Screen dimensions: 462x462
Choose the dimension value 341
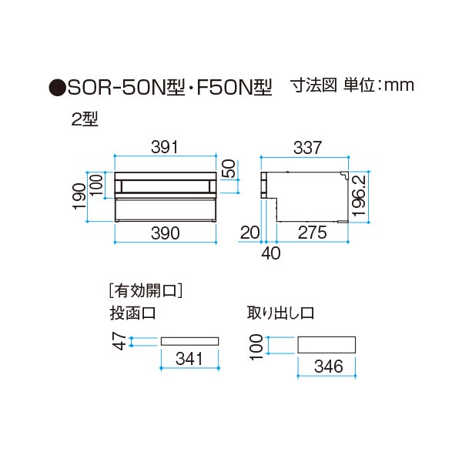pyautogui.click(x=189, y=358)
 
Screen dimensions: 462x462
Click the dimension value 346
pyautogui.click(x=327, y=367)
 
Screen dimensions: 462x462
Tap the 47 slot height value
pyautogui.click(x=119, y=341)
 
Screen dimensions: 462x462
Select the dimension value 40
pyautogui.click(x=271, y=251)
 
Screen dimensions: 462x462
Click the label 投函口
pyautogui.click(x=132, y=313)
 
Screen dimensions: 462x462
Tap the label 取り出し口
pyautogui.click(x=280, y=313)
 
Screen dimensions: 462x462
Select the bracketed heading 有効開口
pyautogui.click(x=146, y=292)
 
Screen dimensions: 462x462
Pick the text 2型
pyautogui.click(x=84, y=119)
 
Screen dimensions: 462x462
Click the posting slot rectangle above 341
pyautogui.click(x=189, y=340)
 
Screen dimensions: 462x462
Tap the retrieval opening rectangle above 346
pyautogui.click(x=326, y=345)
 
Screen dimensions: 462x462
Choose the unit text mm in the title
pyautogui.click(x=398, y=85)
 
